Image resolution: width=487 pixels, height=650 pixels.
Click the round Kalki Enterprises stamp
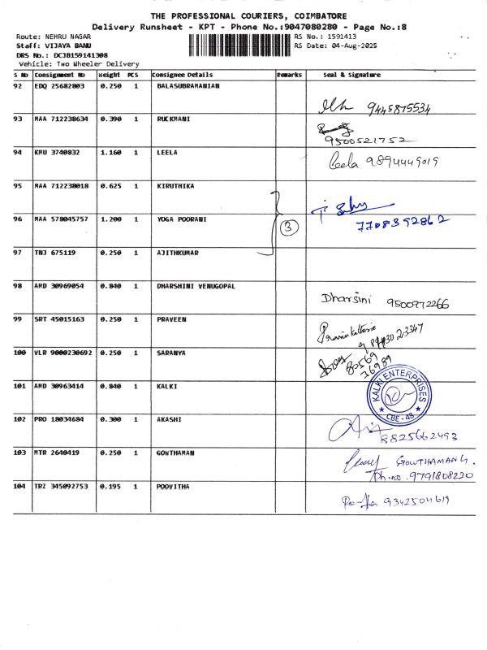click(394, 394)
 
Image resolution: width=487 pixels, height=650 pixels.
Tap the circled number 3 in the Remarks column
click(288, 228)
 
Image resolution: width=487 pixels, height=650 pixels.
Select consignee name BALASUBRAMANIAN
click(187, 85)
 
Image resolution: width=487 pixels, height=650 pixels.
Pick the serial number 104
click(19, 486)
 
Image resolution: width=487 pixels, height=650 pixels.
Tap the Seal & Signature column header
click(351, 75)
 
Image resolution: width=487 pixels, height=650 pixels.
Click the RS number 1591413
click(340, 37)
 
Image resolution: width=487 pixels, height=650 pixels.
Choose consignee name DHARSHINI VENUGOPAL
click(196, 286)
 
